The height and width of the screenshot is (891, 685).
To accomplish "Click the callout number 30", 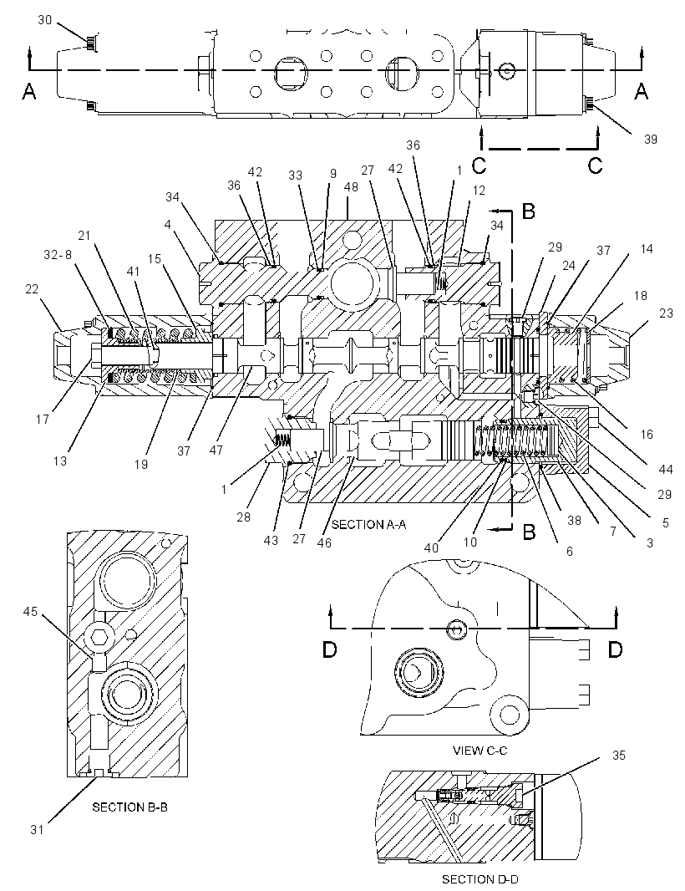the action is pyautogui.click(x=45, y=20).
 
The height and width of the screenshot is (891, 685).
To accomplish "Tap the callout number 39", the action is pyautogui.click(x=651, y=139).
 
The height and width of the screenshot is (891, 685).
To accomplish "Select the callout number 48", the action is pyautogui.click(x=351, y=186).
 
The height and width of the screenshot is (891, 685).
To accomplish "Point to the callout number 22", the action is pyautogui.click(x=32, y=289).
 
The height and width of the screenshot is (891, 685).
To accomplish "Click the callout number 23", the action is pyautogui.click(x=666, y=313).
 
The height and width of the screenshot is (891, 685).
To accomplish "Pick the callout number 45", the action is pyautogui.click(x=30, y=611).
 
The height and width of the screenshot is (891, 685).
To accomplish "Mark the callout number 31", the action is pyautogui.click(x=37, y=830).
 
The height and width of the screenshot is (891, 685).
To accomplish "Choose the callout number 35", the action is pyautogui.click(x=618, y=756).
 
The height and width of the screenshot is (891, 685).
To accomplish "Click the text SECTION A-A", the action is pyautogui.click(x=368, y=524).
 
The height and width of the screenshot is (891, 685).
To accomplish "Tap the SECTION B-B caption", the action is pyautogui.click(x=129, y=807).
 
